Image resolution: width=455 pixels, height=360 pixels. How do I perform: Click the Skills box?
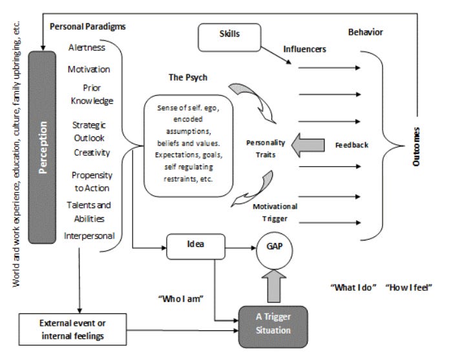point(229,37)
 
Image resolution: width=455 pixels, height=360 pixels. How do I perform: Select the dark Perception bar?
point(42,147)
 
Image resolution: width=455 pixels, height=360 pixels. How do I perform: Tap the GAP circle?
point(274,251)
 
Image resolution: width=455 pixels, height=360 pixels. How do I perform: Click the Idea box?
point(196,247)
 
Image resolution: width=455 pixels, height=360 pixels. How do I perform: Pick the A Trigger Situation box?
point(273,326)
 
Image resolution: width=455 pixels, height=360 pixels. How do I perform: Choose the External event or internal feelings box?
point(72,329)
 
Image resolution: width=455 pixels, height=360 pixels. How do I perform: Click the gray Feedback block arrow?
point(308,145)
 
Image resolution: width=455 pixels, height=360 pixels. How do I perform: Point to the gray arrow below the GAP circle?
point(274,286)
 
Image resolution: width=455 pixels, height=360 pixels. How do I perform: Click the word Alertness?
point(87,47)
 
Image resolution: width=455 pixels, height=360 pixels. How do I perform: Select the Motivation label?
point(89,69)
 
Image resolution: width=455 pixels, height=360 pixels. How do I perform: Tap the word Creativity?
point(92,153)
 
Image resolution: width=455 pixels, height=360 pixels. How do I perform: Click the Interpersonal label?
point(89,236)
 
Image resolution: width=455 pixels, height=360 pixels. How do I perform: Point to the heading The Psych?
point(188,78)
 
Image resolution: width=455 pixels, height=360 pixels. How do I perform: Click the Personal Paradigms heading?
point(88,26)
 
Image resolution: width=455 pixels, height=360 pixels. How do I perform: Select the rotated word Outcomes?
point(416,147)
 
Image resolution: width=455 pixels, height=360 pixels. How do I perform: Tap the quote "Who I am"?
point(181,299)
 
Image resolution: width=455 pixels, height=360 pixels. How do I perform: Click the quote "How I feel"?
point(408,288)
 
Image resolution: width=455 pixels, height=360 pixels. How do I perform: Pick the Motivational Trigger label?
point(275,213)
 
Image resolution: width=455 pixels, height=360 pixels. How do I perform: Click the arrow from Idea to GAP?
point(240,248)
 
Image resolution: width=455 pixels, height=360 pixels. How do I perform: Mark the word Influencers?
point(304,49)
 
